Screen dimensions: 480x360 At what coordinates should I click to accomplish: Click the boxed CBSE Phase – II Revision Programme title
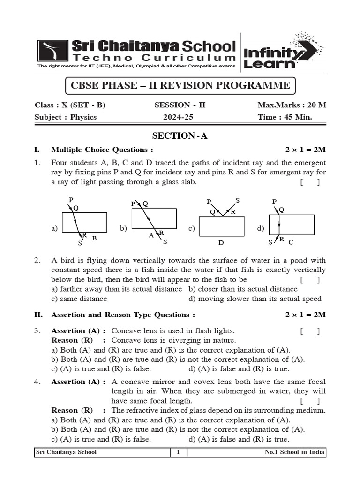[x=180, y=86]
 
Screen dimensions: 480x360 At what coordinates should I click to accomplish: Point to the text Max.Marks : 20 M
[x=292, y=105]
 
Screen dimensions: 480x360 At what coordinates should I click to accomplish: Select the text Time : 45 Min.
[x=285, y=117]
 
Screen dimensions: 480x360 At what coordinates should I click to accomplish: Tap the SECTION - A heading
[x=180, y=136]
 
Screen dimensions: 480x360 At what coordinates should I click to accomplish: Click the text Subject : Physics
[x=66, y=117]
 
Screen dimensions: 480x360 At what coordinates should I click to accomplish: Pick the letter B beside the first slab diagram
[x=94, y=239]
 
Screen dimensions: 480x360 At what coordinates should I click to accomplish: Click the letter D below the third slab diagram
[x=221, y=243]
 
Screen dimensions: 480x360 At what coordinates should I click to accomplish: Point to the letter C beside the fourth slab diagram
[x=291, y=242]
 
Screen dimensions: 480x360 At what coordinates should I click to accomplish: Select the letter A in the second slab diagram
[x=151, y=236]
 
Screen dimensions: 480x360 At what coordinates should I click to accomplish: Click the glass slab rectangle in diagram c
[x=222, y=226]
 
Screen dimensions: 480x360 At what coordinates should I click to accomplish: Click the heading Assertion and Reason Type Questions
[x=123, y=315]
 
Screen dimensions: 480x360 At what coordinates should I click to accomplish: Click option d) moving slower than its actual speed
[x=255, y=299]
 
